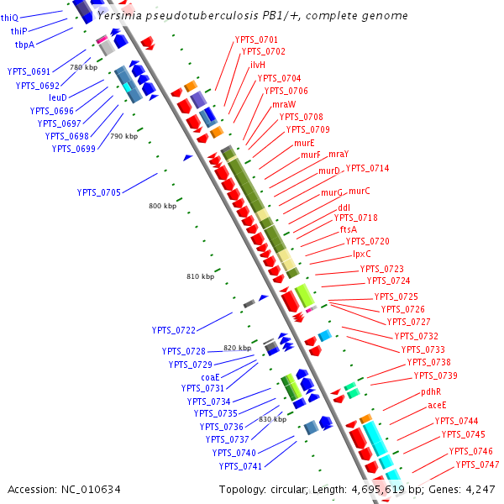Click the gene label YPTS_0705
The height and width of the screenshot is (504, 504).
pos(99,192)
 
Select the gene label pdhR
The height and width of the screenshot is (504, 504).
pos(431,392)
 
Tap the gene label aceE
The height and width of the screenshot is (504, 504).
pos(437,406)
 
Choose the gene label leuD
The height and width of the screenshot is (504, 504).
pos(58,97)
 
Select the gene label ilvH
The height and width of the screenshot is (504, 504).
pos(258,65)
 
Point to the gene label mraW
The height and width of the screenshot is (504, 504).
pos(283,104)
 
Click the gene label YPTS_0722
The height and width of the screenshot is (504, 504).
pos(173,330)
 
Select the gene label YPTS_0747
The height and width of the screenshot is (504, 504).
pos(477,465)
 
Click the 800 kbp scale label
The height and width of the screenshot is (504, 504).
pos(162,206)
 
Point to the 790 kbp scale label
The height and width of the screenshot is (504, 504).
pos(123,136)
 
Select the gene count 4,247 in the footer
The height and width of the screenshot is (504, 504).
pos(478,489)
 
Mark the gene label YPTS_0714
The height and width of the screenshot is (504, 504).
pos(368,168)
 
